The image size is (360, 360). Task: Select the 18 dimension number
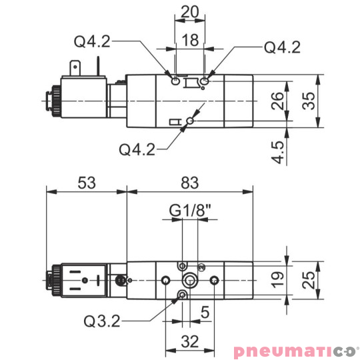click(x=190, y=40)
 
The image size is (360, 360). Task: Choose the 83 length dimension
click(x=191, y=181)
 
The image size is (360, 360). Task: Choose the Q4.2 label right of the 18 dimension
click(x=283, y=47)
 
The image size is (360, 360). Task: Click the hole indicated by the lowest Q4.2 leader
click(x=191, y=121)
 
